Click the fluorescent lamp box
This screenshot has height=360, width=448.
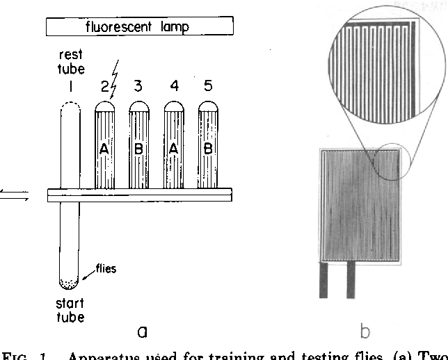[x=139, y=27]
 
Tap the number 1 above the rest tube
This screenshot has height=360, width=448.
[x=70, y=87]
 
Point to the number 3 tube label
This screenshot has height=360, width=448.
[x=138, y=87]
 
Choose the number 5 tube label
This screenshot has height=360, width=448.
[x=208, y=87]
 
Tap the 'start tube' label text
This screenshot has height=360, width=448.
[x=70, y=311]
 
